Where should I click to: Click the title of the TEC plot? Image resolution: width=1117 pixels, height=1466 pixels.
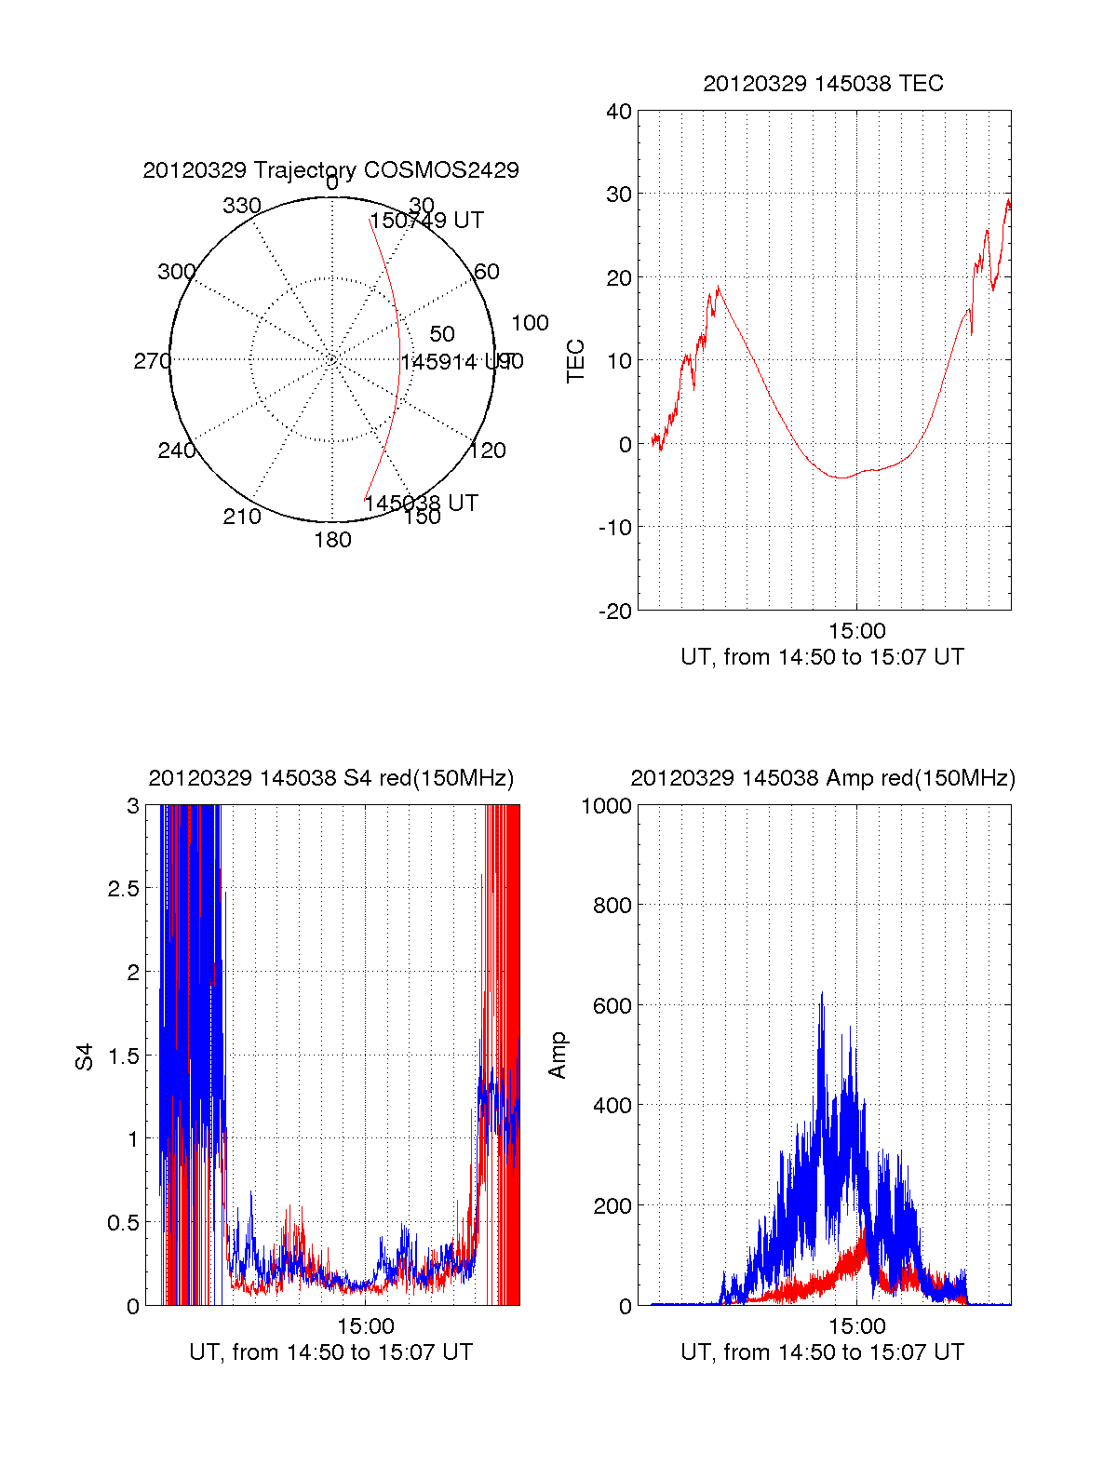coord(823,84)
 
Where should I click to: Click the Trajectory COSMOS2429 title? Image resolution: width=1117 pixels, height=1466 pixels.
coord(330,170)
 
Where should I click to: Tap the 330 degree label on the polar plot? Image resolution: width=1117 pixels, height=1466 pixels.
coord(242,206)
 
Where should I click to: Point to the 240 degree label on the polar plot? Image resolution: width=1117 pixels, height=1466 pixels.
coord(177,451)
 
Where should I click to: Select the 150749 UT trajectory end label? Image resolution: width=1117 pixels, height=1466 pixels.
coord(427,221)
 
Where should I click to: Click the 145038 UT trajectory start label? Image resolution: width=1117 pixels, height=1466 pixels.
coord(421,504)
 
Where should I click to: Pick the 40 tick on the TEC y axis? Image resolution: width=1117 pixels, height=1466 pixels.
coord(619,112)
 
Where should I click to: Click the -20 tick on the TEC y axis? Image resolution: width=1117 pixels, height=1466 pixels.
coord(614,612)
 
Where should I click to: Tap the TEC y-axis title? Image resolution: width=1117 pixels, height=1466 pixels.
coord(576,361)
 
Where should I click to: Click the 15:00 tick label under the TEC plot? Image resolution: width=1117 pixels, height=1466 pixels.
coord(857,631)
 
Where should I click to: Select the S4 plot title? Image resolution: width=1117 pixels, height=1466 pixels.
coord(330,778)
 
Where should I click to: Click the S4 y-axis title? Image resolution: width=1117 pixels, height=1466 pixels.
coord(85,1056)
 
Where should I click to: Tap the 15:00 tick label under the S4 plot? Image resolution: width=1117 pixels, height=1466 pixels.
coord(366,1326)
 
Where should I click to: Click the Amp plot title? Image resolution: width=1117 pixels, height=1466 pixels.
coord(823,778)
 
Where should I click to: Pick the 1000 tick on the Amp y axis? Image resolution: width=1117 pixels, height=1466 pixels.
coord(606,806)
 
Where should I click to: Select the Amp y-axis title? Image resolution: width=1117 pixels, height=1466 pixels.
coord(558,1056)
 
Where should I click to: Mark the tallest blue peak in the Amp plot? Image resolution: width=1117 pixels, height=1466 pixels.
coord(821,994)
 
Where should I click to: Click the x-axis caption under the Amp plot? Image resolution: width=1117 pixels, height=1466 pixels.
coord(823,1352)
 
